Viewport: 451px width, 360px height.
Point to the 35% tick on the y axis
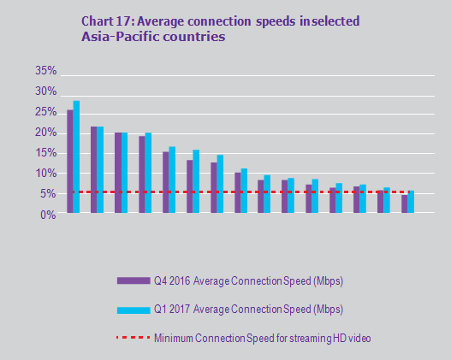45,71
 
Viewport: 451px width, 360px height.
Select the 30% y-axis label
45,91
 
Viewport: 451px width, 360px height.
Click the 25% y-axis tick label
45,112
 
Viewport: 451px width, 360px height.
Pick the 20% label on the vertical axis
45,133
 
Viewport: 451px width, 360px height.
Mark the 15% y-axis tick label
45,153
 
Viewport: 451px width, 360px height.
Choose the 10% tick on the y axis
45,174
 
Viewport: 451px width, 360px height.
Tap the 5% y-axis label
48,194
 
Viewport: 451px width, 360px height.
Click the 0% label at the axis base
48,215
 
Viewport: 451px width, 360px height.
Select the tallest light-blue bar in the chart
76,157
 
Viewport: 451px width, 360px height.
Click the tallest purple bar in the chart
69,162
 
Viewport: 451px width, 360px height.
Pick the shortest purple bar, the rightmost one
404,204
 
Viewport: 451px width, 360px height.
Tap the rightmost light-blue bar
411,203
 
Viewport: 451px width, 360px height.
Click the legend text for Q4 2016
248,280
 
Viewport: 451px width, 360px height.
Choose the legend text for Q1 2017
248,309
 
